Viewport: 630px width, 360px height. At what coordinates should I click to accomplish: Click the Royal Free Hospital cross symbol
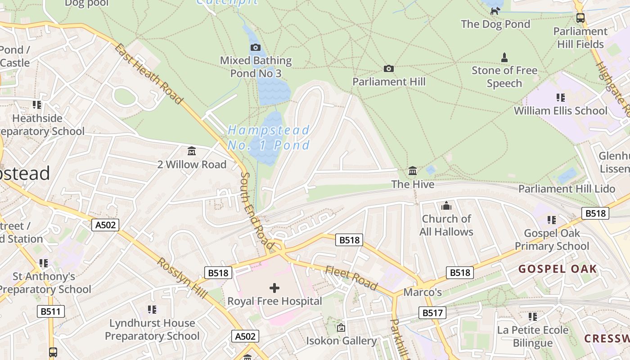pyautogui.click(x=274, y=288)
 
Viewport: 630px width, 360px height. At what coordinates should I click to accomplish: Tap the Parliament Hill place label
pyautogui.click(x=389, y=81)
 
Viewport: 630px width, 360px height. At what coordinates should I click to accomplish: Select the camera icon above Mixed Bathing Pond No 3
pyautogui.click(x=255, y=47)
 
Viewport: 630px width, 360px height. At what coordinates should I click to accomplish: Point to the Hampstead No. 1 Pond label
pyautogui.click(x=269, y=138)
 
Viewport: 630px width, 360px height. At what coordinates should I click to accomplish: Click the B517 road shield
pyautogui.click(x=432, y=312)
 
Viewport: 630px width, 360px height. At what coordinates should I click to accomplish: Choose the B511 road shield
pyautogui.click(x=51, y=311)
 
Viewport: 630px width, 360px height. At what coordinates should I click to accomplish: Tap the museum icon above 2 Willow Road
pyautogui.click(x=192, y=151)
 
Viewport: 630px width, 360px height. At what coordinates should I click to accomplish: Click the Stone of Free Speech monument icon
pyautogui.click(x=504, y=58)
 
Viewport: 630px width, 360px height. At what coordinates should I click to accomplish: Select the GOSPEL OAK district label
pyautogui.click(x=558, y=269)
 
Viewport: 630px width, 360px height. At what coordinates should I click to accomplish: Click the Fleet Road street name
pyautogui.click(x=351, y=278)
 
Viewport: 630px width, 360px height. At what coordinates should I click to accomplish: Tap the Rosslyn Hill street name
pyautogui.click(x=182, y=278)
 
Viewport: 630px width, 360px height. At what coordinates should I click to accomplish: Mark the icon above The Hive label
pyautogui.click(x=413, y=171)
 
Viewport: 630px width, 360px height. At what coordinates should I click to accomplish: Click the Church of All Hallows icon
pyautogui.click(x=446, y=206)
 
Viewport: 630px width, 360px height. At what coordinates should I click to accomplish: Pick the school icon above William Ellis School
pyautogui.click(x=560, y=97)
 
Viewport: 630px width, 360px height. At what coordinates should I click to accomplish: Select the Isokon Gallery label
pyautogui.click(x=341, y=341)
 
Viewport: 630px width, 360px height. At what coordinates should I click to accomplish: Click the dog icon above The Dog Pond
pyautogui.click(x=495, y=11)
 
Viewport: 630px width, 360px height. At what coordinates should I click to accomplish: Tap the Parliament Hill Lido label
pyautogui.click(x=567, y=189)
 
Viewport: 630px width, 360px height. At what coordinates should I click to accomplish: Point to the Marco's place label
pyautogui.click(x=423, y=292)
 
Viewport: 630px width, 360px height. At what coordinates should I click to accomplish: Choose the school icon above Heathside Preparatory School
pyautogui.click(x=37, y=105)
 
